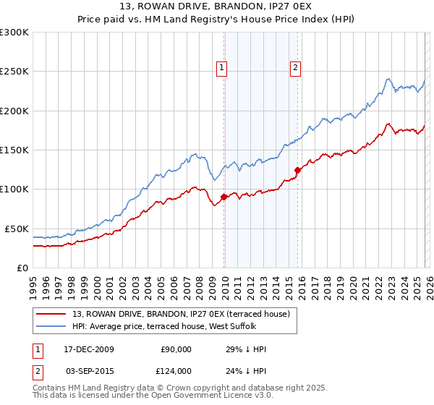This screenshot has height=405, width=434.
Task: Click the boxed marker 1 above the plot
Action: tap(223, 69)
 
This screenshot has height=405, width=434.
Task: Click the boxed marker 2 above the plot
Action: tap(297, 69)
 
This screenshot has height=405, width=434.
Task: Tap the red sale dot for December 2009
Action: tap(224, 197)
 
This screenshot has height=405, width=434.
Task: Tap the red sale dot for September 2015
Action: tap(297, 170)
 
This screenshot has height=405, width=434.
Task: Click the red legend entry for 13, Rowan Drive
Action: tap(181, 313)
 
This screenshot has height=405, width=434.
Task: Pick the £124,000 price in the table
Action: tap(176, 371)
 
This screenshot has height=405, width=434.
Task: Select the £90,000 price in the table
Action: tap(176, 349)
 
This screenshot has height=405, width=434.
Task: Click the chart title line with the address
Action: tap(217, 8)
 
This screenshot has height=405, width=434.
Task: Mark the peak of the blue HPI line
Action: tap(388, 78)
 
